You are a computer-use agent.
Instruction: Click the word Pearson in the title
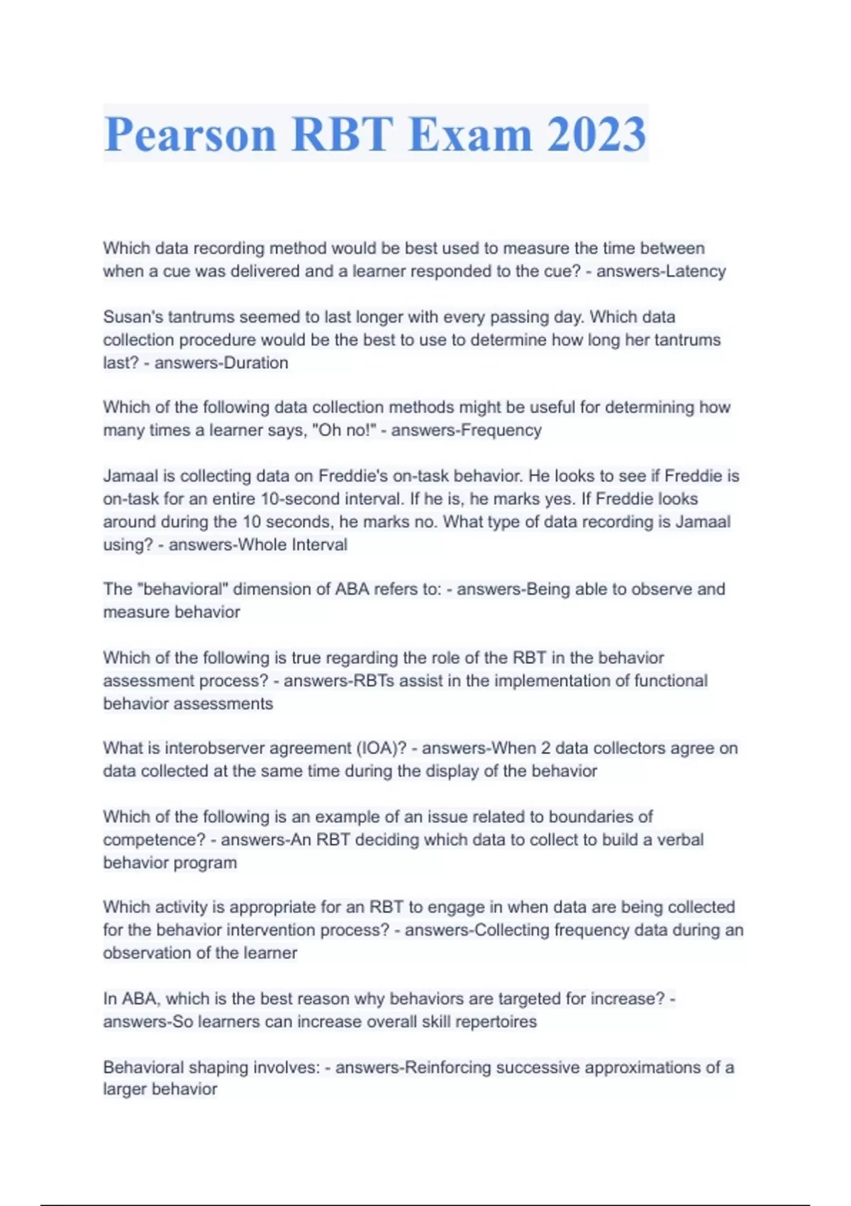click(190, 134)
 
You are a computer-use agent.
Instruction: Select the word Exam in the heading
click(470, 134)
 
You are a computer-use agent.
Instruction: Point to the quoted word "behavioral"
click(181, 590)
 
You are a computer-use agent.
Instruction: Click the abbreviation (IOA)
click(382, 748)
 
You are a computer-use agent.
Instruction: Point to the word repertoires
click(496, 1022)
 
